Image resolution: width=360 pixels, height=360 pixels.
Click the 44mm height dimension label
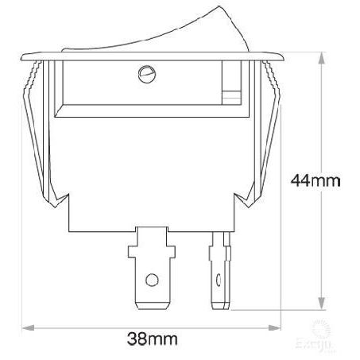coord(315,180)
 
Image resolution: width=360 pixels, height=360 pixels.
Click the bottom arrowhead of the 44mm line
coord(320,305)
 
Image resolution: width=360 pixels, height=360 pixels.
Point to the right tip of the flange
coord(284,57)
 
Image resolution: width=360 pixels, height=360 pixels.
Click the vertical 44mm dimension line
coord(320,238)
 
